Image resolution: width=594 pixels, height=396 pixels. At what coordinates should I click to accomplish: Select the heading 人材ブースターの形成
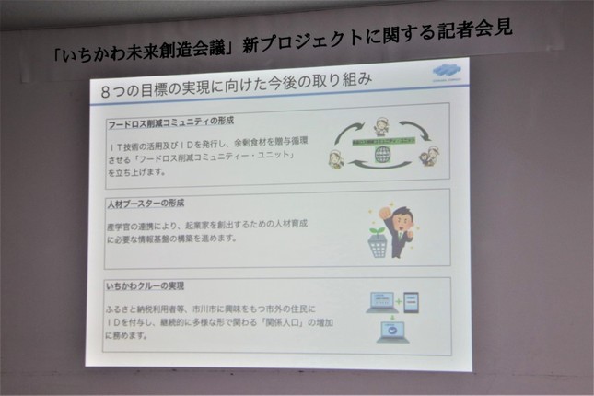pos(144,202)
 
